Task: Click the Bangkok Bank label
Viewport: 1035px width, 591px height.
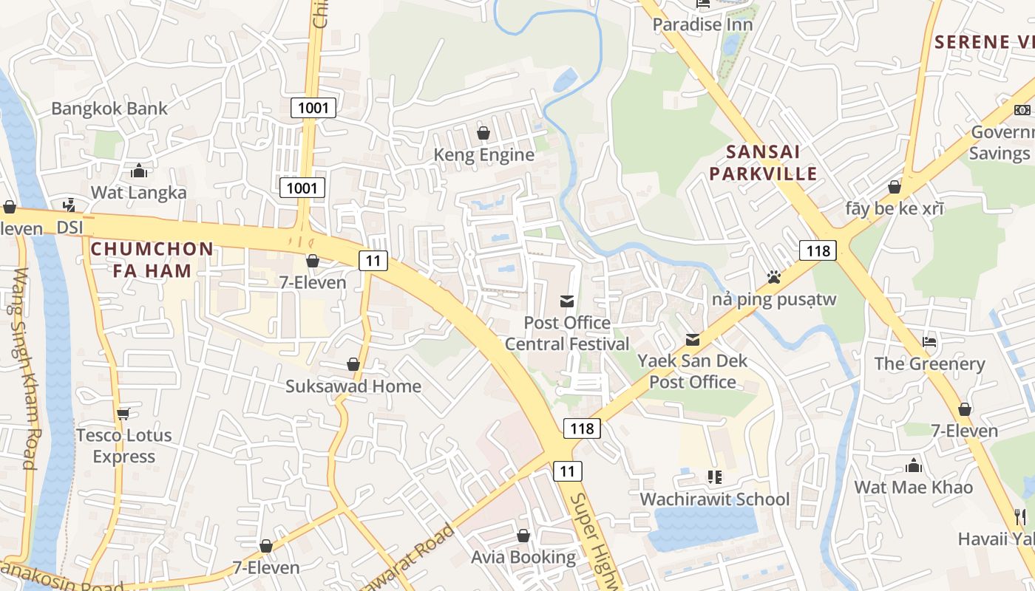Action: [x=109, y=109]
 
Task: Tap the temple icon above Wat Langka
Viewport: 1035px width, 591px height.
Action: [x=139, y=171]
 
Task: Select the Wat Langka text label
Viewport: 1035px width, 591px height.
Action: [x=138, y=193]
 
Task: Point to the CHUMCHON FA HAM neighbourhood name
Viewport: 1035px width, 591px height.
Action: [x=152, y=259]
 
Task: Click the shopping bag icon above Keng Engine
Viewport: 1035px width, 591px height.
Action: [x=483, y=133]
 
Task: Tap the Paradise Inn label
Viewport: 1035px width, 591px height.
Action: [x=702, y=24]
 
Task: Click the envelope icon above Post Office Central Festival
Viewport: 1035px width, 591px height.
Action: [x=567, y=301]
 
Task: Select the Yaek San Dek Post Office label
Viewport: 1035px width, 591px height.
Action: [x=693, y=372]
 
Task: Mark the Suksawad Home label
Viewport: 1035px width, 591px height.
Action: [x=353, y=386]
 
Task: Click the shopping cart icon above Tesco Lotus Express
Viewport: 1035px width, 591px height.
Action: [x=123, y=414]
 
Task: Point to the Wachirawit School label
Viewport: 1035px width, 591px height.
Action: [x=715, y=499]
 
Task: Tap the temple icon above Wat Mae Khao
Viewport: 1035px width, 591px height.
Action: [x=914, y=466]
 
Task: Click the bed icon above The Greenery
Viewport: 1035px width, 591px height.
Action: [x=929, y=342]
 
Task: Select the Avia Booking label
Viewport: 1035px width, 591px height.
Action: [x=523, y=557]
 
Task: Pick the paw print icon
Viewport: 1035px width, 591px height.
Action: [x=774, y=277]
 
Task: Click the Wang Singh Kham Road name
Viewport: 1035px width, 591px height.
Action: [x=26, y=369]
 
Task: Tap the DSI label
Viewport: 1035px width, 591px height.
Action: [x=70, y=228]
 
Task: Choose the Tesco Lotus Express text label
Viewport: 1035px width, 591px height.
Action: [x=123, y=446]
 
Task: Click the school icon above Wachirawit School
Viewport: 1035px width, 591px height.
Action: [x=714, y=477]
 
